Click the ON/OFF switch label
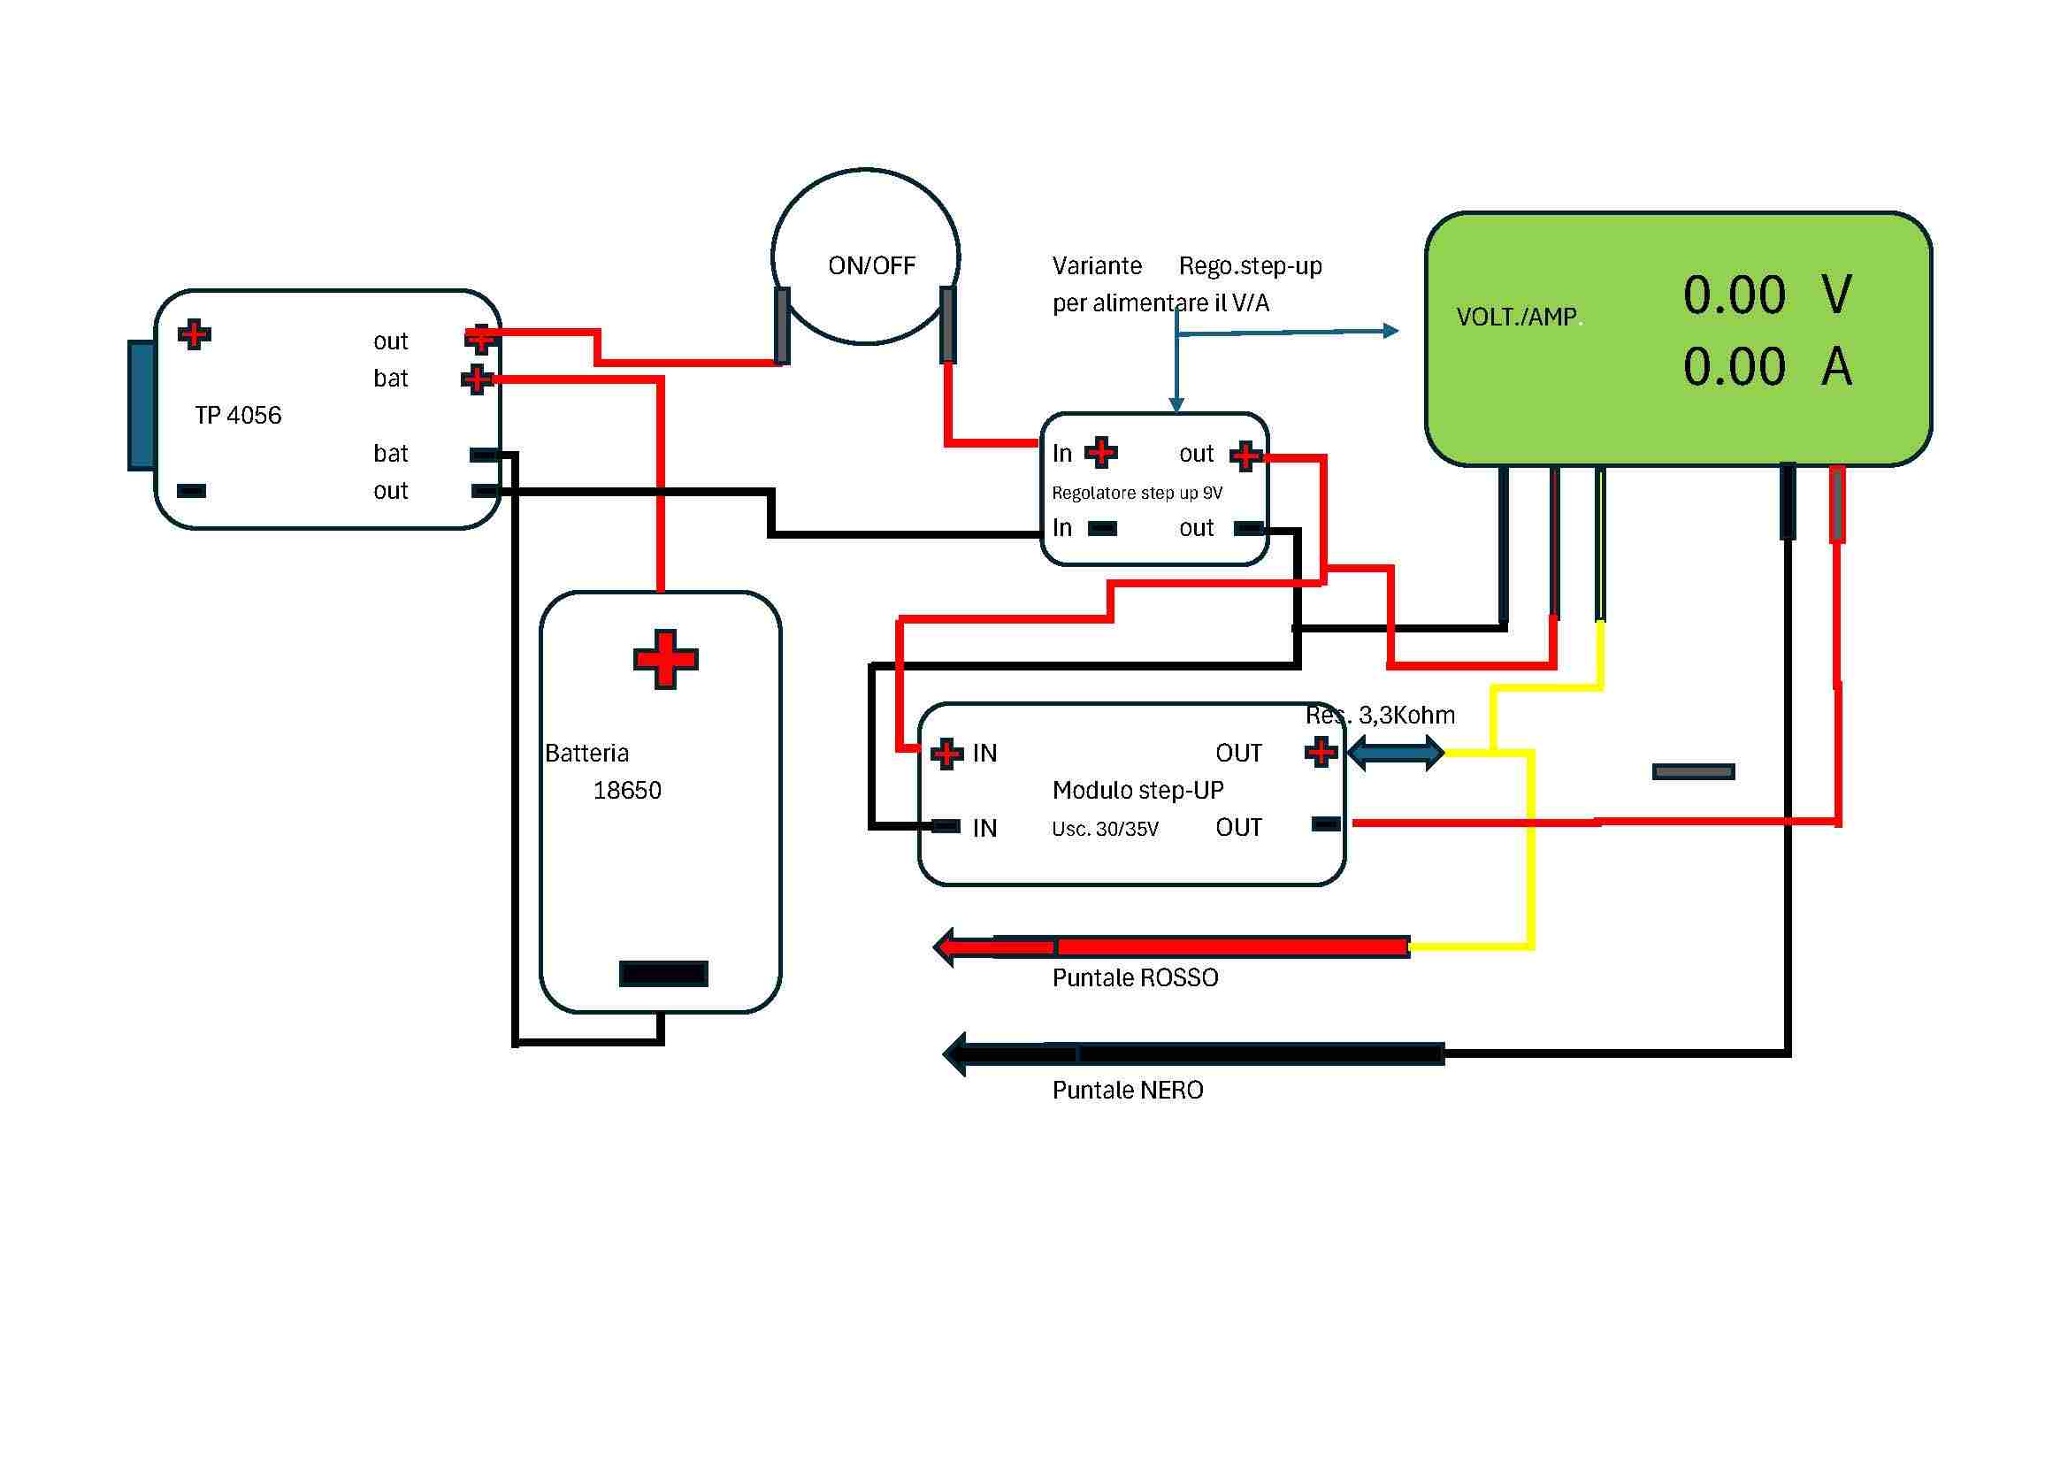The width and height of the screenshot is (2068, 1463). pyautogui.click(x=871, y=265)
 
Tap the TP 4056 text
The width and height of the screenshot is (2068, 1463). pyautogui.click(x=238, y=416)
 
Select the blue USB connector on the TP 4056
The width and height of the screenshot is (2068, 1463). pyautogui.click(x=141, y=405)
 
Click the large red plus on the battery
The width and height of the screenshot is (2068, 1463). pyautogui.click(x=665, y=660)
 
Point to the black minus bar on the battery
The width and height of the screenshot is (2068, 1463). pyautogui.click(x=663, y=974)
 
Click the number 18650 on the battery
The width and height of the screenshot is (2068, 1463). pyautogui.click(x=627, y=791)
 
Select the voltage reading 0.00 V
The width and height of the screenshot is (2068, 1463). pyautogui.click(x=1766, y=295)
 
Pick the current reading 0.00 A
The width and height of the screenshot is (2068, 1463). pyautogui.click(x=1766, y=367)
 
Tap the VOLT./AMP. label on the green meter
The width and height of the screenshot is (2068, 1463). pyautogui.click(x=1518, y=318)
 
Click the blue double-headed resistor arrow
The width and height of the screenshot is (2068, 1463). pyautogui.click(x=1396, y=752)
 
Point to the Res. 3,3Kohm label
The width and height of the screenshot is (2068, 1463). pyautogui.click(x=1380, y=716)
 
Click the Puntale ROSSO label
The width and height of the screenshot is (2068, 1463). pyautogui.click(x=1135, y=978)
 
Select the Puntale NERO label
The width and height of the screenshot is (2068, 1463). pyautogui.click(x=1128, y=1091)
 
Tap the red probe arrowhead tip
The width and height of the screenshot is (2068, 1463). pyautogui.click(x=942, y=946)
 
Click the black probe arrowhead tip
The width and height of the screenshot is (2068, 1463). pyautogui.click(x=951, y=1053)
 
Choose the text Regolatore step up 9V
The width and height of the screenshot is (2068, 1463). pyautogui.click(x=1137, y=493)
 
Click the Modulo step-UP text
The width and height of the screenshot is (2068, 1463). pyautogui.click(x=1137, y=791)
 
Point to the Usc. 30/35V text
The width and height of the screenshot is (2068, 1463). pyautogui.click(x=1105, y=830)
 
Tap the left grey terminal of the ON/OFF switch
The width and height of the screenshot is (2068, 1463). pyautogui.click(x=782, y=326)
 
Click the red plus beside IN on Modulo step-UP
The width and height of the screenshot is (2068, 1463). pyautogui.click(x=946, y=752)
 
